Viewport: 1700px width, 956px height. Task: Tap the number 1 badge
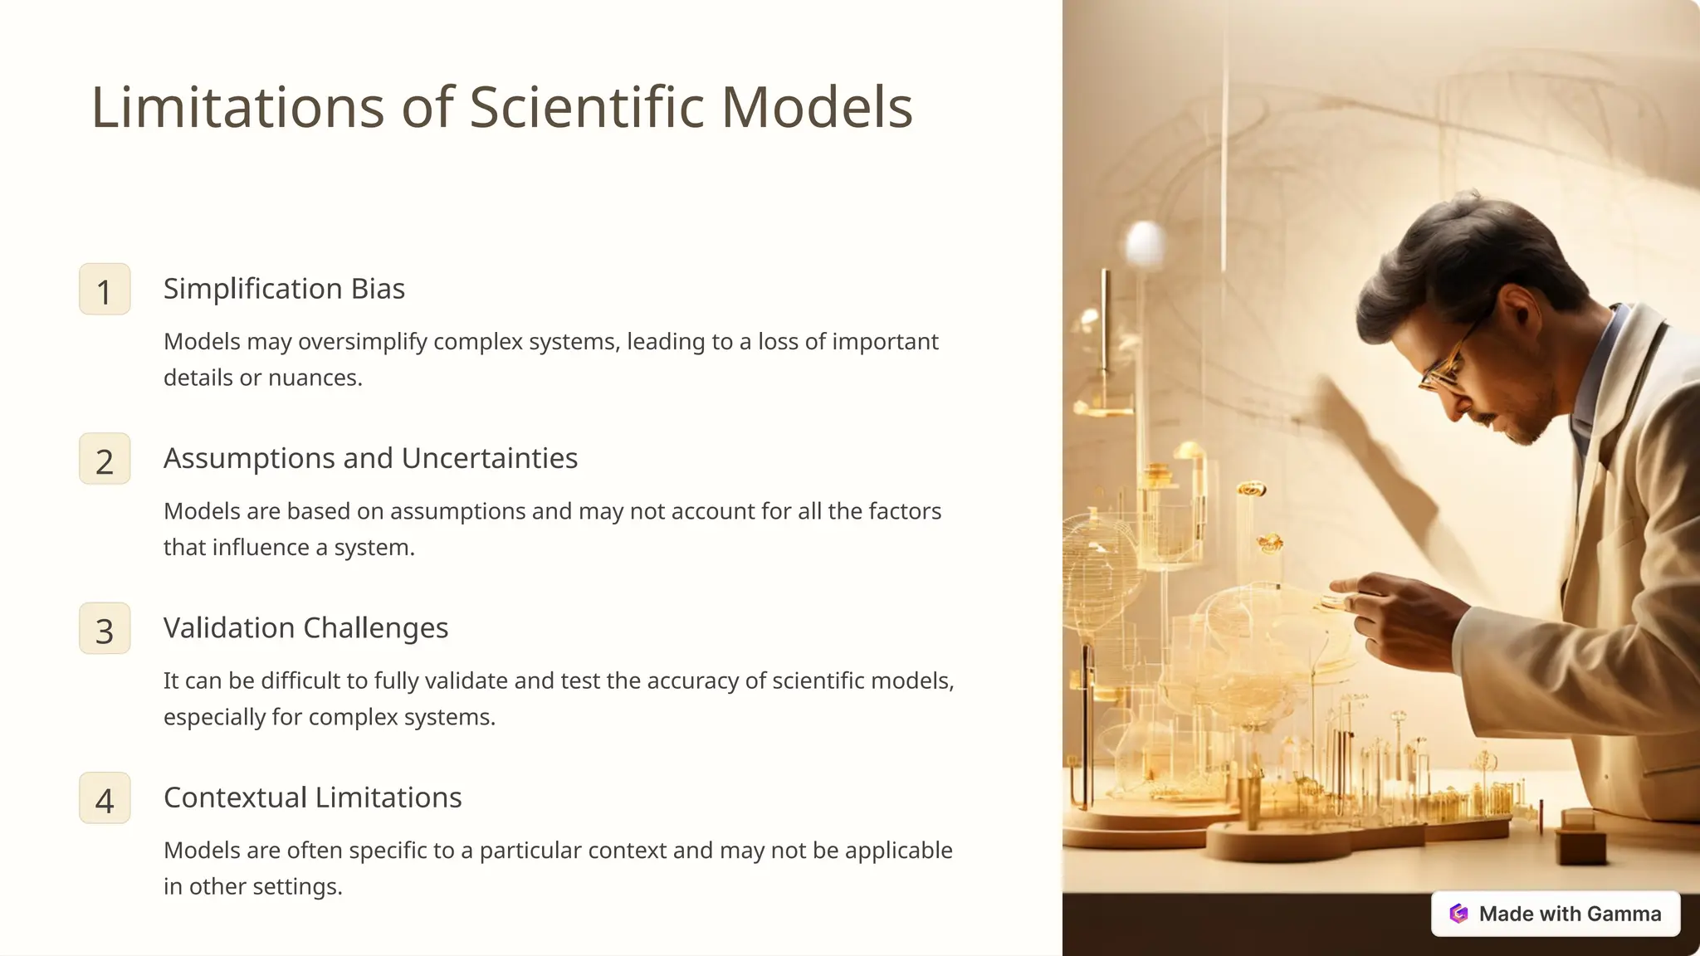(x=105, y=290)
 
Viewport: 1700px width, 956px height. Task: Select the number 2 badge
(x=105, y=459)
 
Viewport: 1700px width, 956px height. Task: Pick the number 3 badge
(x=105, y=629)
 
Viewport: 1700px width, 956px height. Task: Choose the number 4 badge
(x=105, y=798)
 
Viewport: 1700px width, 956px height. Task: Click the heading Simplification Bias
(x=284, y=289)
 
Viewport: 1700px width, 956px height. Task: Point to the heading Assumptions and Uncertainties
(x=370, y=458)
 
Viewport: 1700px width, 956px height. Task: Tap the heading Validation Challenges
(x=305, y=628)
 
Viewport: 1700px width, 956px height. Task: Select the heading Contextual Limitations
(x=312, y=797)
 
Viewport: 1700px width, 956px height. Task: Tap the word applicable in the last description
(x=898, y=851)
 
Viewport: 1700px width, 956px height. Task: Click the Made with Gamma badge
(x=1556, y=914)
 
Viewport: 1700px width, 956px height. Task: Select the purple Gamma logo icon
(x=1458, y=914)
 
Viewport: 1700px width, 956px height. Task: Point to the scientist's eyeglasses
(x=1448, y=365)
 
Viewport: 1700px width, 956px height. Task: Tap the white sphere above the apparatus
(x=1146, y=243)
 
